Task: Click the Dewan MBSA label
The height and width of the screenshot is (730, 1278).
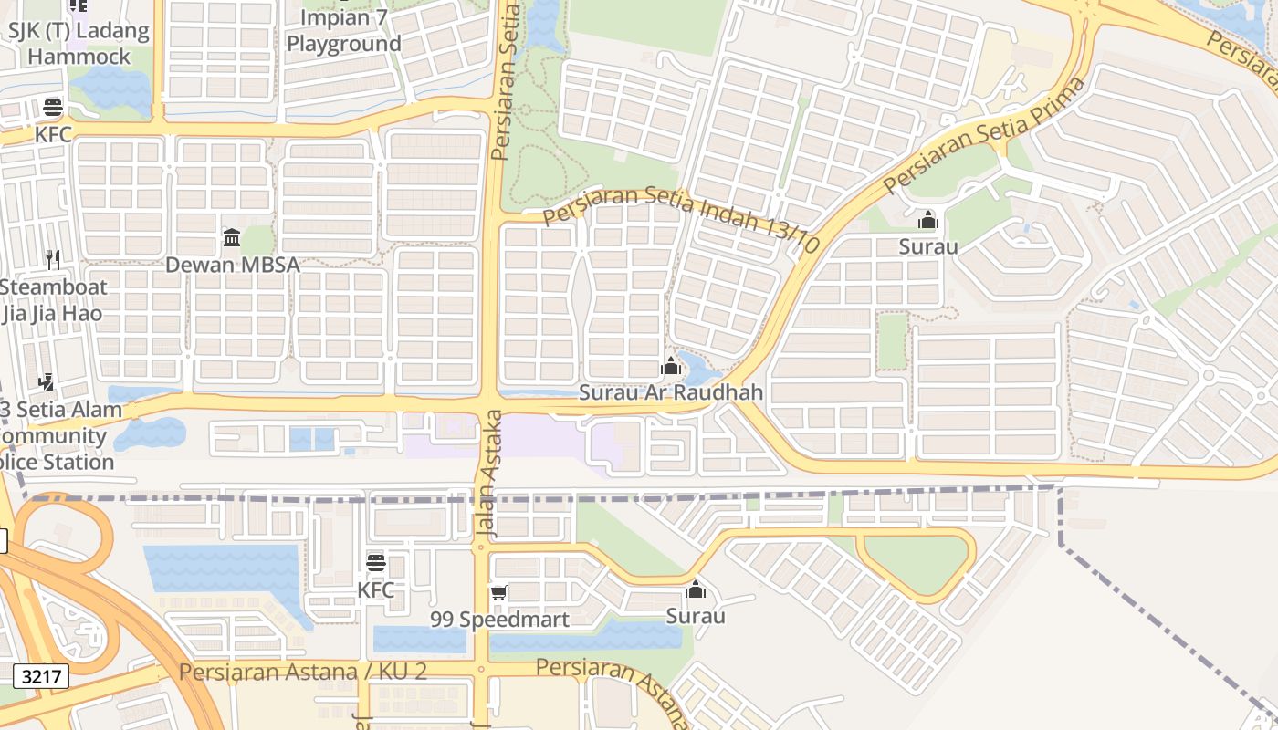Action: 232,265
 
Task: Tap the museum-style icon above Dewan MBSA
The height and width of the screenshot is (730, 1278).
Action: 232,238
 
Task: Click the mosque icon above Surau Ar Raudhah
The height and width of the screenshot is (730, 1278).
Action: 671,368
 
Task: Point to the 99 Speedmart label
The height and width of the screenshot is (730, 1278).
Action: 499,619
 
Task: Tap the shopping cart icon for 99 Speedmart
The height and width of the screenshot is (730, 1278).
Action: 498,593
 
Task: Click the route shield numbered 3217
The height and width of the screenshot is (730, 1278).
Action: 41,676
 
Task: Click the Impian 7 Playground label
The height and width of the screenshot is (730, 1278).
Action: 344,31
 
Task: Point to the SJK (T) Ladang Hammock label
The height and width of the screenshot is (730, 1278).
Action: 79,43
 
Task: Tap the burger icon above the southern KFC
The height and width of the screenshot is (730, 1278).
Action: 376,563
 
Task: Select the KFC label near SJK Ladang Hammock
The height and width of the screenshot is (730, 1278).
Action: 53,134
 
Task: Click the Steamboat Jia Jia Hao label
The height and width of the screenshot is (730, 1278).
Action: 53,300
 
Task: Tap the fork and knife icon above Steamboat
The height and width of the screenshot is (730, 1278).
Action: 53,260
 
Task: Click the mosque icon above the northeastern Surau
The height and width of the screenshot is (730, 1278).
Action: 928,220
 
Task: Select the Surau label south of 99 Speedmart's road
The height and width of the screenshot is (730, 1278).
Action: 696,616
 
